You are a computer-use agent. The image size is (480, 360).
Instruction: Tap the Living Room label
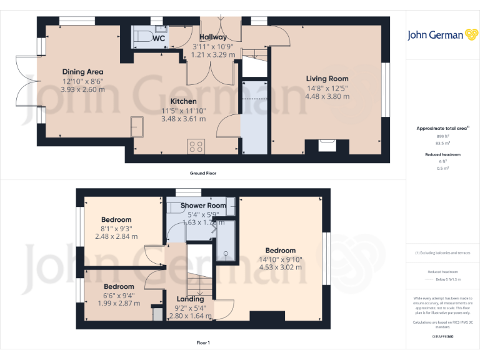point(327,79)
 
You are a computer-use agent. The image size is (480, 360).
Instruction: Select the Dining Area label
point(82,72)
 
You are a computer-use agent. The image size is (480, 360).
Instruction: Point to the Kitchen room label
point(184,101)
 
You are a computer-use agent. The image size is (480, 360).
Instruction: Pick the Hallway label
point(213,37)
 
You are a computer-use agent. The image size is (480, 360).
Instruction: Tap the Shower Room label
point(203,206)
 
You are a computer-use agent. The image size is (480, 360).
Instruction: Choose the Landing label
point(190,299)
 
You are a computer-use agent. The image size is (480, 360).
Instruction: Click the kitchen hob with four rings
point(196,147)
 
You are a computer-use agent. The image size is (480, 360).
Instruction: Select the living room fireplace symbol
point(326,146)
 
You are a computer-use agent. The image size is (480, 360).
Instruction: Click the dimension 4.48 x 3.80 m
point(327,96)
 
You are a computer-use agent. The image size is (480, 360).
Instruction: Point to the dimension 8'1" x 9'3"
point(116,228)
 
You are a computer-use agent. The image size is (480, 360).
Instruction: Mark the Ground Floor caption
point(203,173)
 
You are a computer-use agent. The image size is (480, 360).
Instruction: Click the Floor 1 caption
point(203,342)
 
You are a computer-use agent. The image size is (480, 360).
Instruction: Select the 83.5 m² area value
point(442,142)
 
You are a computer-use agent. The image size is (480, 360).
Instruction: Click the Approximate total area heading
point(441,128)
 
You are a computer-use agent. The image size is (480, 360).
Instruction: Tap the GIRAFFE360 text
point(442,336)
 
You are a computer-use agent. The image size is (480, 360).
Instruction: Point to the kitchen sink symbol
point(137,126)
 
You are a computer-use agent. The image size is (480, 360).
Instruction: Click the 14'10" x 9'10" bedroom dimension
point(280,259)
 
